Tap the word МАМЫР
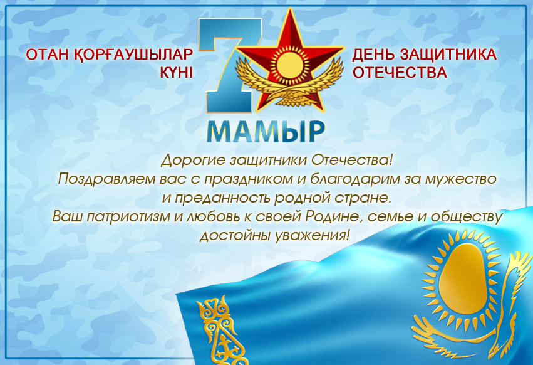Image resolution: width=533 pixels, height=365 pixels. [266, 129]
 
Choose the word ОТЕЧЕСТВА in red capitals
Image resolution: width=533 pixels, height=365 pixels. [400, 72]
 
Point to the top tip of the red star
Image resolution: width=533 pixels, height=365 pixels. [289, 11]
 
